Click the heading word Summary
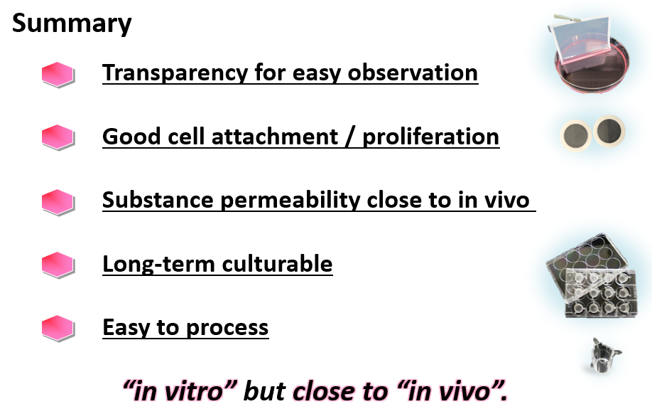coord(72,23)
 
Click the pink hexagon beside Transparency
coord(58,75)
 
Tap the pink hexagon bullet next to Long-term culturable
coord(58,265)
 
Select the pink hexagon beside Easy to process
coord(58,329)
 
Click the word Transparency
coord(175,73)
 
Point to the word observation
coord(413,73)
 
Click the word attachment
coord(275,137)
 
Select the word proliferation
coord(431,137)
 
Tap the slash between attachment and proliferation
coord(350,137)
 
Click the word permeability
coord(290,200)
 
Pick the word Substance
coord(158,200)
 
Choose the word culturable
coord(278,264)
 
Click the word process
coord(227,328)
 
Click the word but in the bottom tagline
coord(264,391)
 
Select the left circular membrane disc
coord(576,135)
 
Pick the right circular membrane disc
coord(609,131)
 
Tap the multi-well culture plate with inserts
coord(592,276)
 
